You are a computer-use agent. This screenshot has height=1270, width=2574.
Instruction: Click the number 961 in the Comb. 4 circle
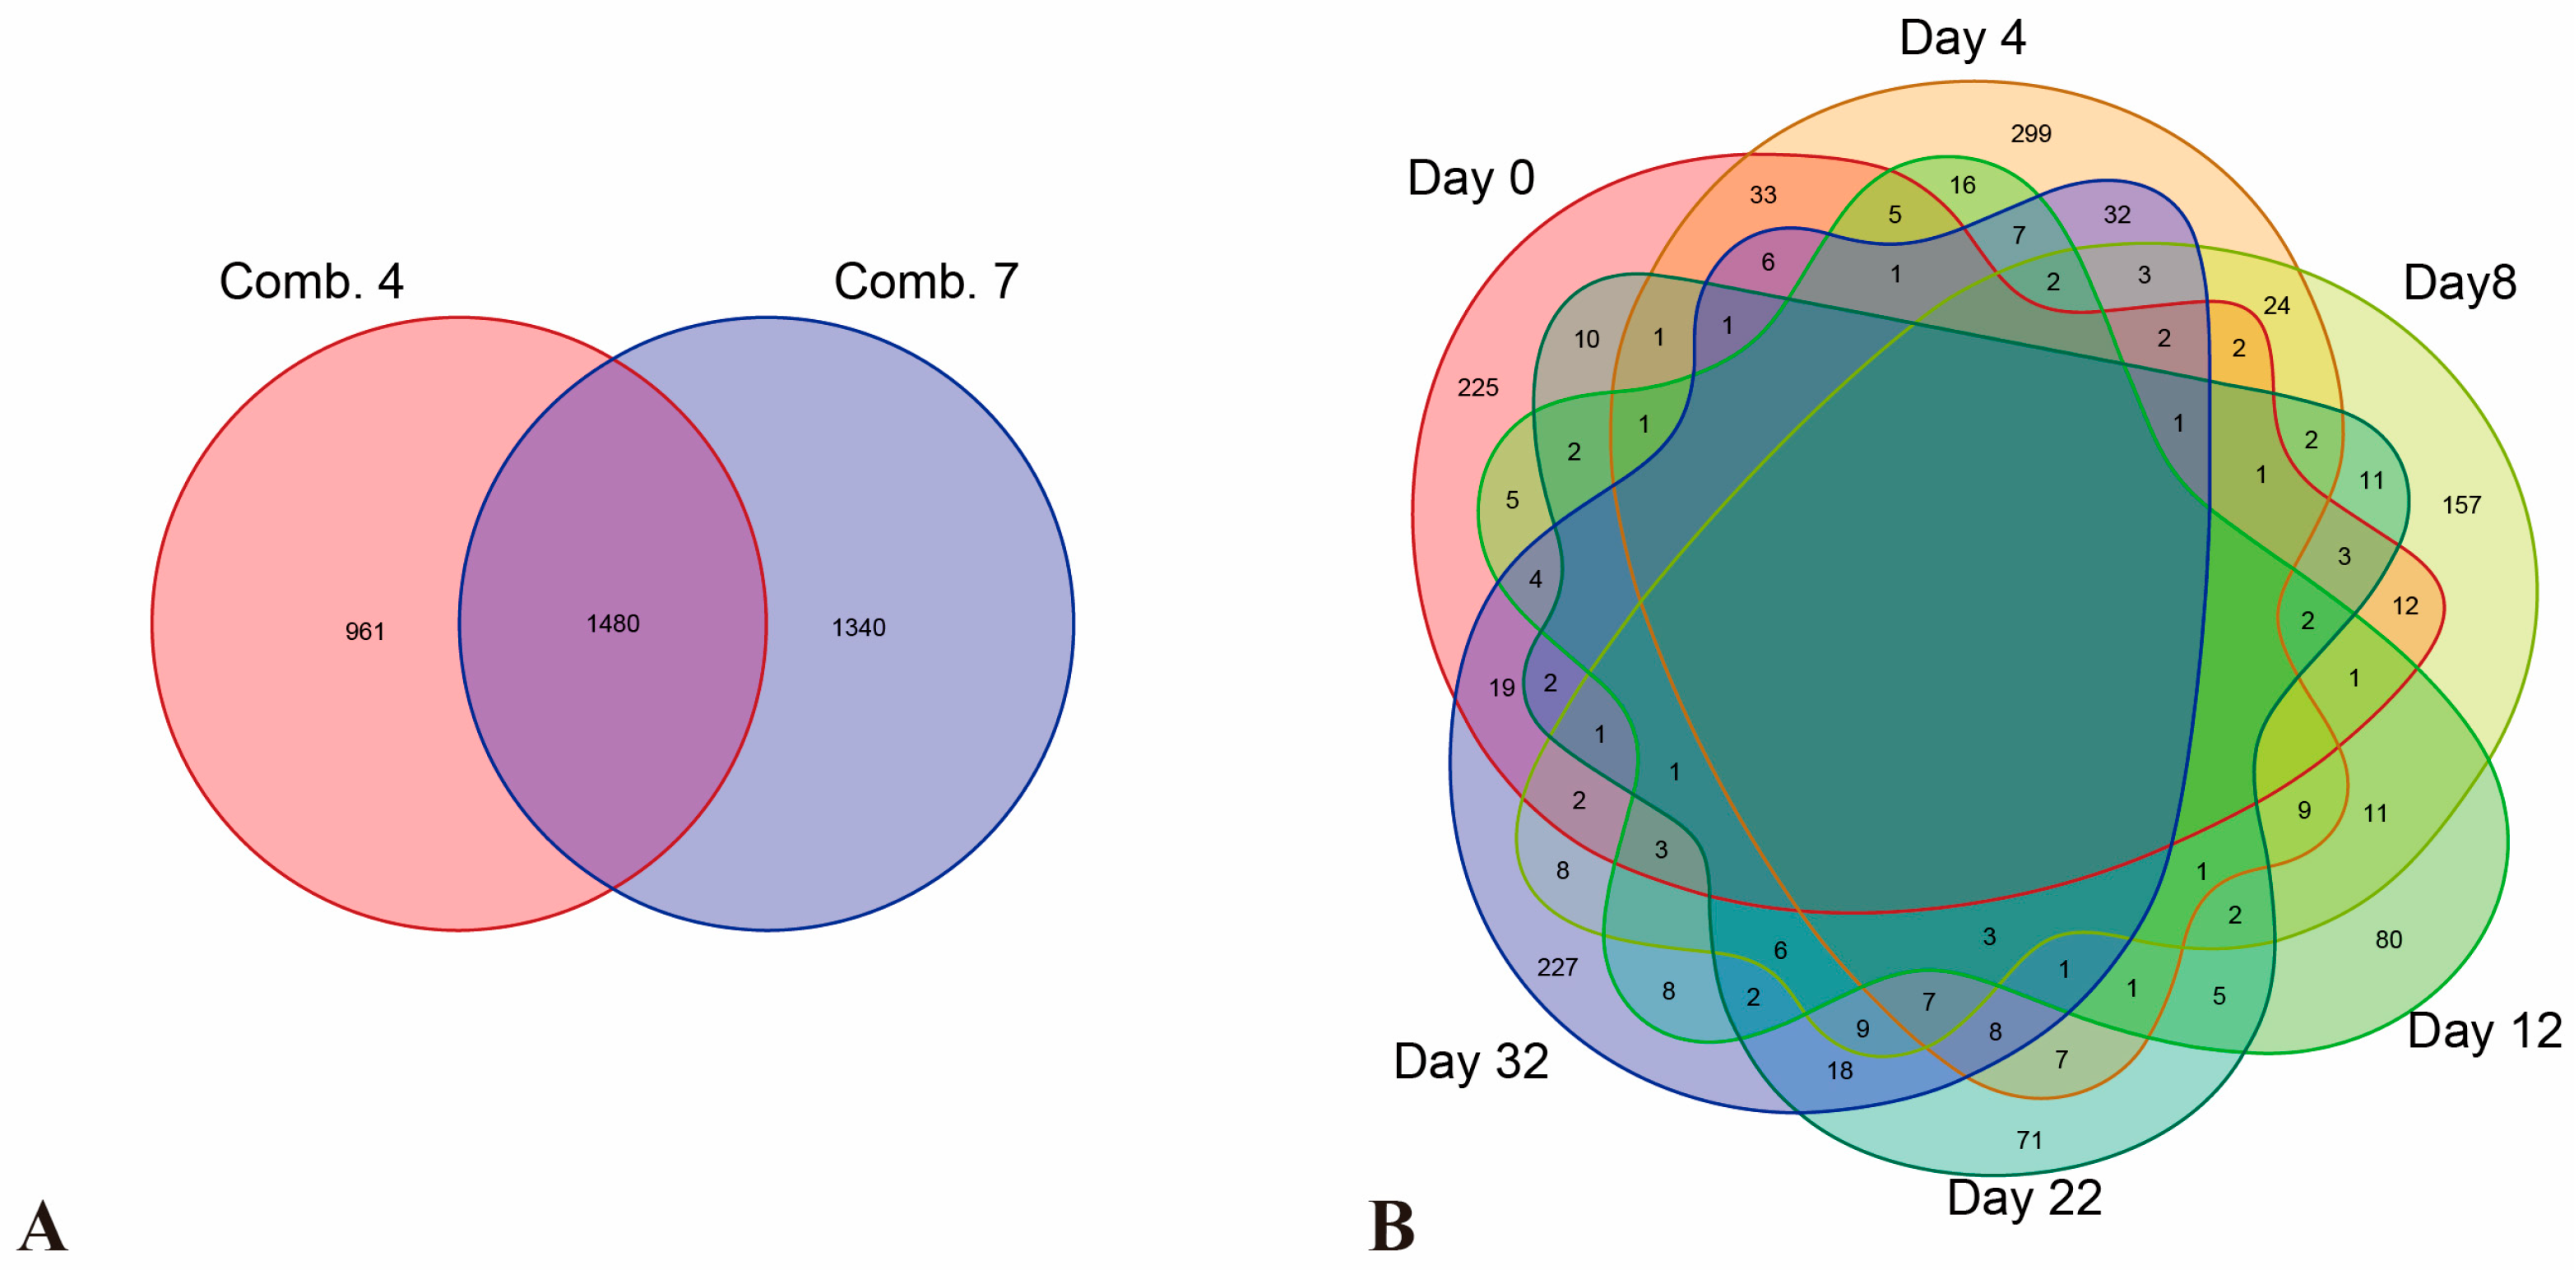point(364,632)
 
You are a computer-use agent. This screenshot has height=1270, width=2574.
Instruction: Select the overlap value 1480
point(613,623)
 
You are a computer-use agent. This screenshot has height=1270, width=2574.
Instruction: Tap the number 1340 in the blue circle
point(858,628)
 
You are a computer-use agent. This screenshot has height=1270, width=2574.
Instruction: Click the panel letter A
point(42,1226)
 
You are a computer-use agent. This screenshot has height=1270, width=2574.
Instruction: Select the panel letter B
point(1391,1226)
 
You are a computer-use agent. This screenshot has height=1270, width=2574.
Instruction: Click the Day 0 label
point(1470,178)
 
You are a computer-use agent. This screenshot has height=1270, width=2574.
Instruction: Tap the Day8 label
point(2459,283)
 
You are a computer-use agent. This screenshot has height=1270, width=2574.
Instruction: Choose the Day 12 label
point(2484,1030)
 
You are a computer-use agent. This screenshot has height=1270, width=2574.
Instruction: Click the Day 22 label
point(2024,1197)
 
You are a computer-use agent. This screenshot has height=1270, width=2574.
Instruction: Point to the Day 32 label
point(1471,1061)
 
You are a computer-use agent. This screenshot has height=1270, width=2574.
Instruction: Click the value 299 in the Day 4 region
point(2030,134)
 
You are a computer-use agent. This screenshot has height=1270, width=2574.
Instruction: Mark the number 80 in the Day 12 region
point(2388,939)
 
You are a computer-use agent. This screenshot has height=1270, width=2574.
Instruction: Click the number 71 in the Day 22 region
point(2029,1140)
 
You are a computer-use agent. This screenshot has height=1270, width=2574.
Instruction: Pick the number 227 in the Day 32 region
point(1556,967)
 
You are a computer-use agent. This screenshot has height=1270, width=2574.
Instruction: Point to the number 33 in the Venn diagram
point(1763,195)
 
